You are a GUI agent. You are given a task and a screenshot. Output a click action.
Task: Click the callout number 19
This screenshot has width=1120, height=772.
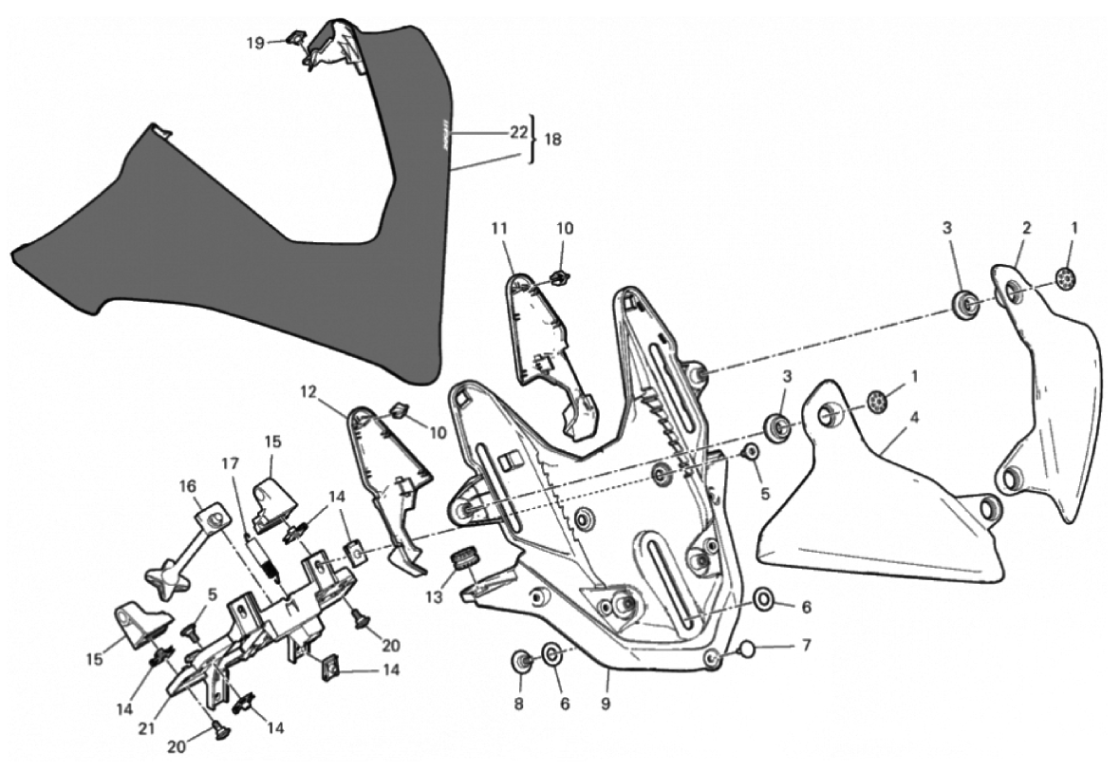point(255,42)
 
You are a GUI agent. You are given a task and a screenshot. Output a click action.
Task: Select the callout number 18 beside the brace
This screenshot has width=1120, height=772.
point(551,140)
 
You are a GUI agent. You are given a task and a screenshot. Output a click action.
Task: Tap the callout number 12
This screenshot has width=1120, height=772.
point(307,390)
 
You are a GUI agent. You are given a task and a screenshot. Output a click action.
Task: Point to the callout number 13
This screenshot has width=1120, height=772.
point(434,597)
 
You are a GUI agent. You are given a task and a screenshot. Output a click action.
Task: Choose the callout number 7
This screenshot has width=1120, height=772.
point(806,647)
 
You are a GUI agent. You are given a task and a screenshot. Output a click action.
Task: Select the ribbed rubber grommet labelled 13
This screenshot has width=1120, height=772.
point(466,558)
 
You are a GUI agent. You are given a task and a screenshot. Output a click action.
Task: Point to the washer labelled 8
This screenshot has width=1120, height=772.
point(521,660)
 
